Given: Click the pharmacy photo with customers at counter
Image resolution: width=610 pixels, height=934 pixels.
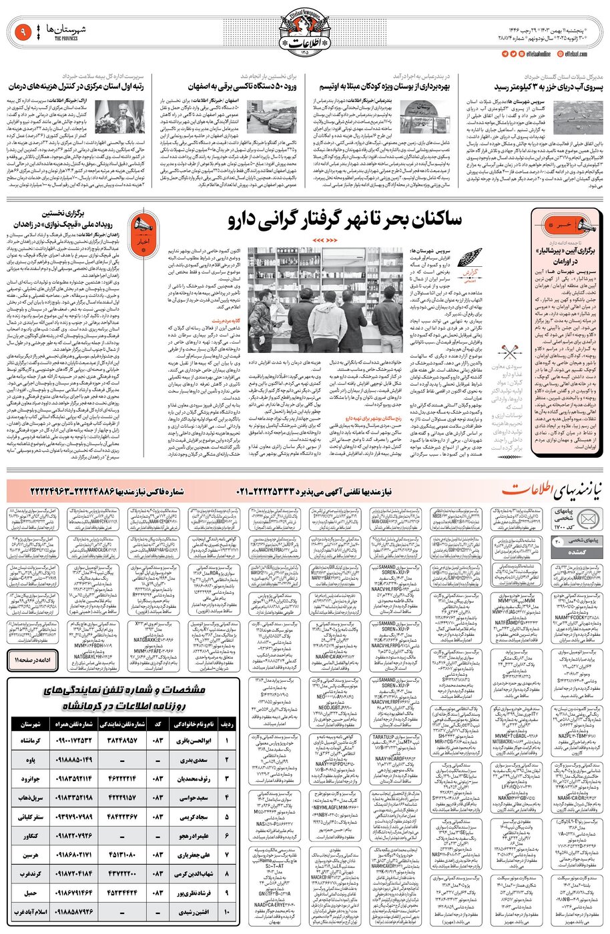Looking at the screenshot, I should [x=325, y=300].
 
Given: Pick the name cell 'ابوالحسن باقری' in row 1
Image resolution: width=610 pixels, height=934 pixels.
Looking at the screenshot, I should [x=194, y=741].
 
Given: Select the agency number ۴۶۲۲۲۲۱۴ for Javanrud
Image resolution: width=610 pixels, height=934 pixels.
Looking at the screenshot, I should [x=118, y=779].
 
